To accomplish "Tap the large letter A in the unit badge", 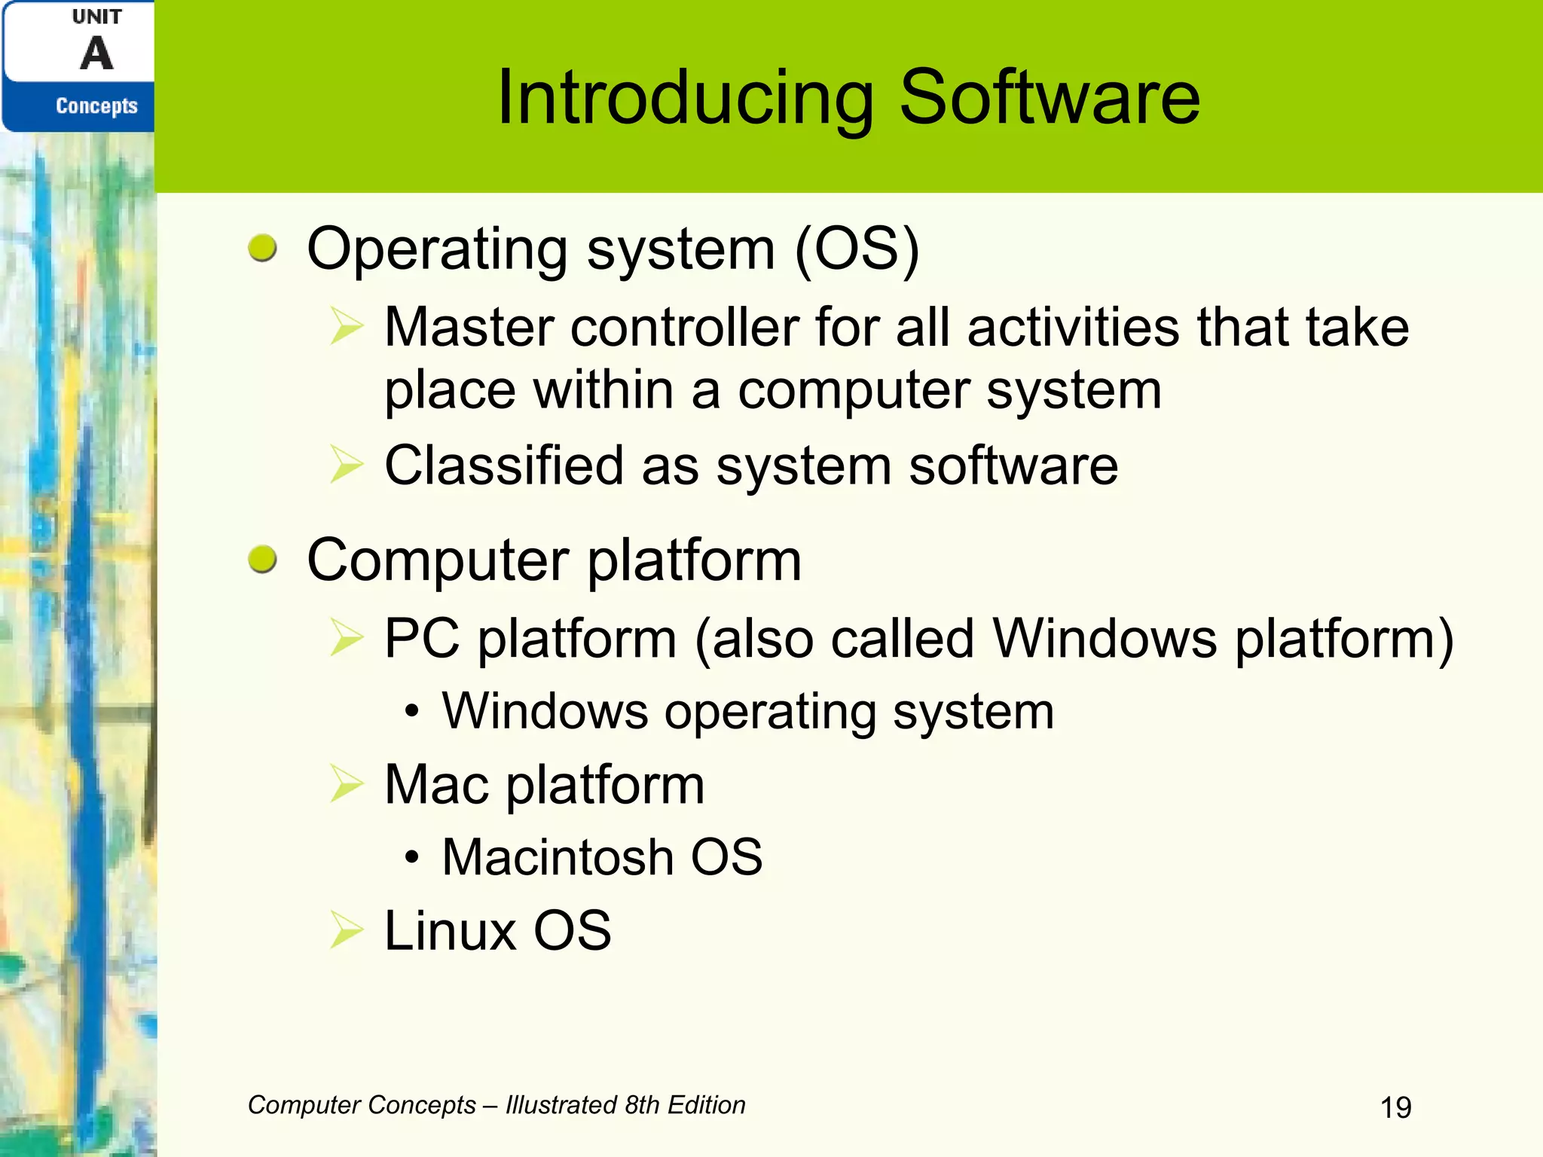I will click(96, 54).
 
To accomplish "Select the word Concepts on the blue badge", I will click(96, 106).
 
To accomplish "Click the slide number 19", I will click(1395, 1108).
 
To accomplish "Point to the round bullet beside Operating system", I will click(262, 249).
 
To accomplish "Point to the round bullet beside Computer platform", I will click(262, 560).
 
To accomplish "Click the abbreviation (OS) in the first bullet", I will click(857, 249).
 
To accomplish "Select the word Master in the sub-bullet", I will click(468, 328).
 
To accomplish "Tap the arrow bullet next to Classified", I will click(347, 465).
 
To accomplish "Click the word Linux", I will click(450, 931).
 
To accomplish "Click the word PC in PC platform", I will click(422, 639).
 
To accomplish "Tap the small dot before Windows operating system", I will click(411, 712).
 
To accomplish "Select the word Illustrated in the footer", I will click(561, 1105).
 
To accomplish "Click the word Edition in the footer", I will click(706, 1105).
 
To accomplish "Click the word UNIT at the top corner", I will click(96, 17).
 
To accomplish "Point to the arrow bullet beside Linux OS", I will click(347, 931).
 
